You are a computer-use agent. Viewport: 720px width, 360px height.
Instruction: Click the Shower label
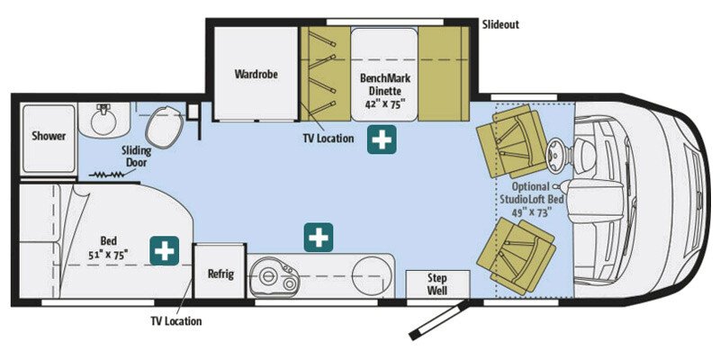tap(49, 136)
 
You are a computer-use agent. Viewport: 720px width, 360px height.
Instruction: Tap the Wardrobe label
tap(256, 74)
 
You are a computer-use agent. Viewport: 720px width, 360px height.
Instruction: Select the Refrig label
tap(220, 274)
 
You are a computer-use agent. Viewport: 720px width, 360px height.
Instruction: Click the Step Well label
tap(437, 284)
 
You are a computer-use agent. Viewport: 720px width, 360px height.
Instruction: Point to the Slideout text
tap(500, 24)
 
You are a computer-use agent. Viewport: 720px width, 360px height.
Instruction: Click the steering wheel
tap(557, 152)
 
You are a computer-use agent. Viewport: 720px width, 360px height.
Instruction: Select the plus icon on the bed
tap(164, 251)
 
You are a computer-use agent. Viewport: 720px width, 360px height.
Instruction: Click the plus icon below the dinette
tap(382, 139)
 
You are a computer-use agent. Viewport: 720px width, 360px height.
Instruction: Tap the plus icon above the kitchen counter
tap(319, 238)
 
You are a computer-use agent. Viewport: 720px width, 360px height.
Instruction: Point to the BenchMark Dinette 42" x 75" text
tap(385, 91)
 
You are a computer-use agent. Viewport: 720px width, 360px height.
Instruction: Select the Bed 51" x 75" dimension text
tap(108, 247)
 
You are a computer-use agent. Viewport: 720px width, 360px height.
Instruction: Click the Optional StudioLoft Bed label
tap(531, 199)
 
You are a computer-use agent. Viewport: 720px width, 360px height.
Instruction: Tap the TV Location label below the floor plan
tap(175, 320)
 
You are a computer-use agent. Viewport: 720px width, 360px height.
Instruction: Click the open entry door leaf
tap(439, 319)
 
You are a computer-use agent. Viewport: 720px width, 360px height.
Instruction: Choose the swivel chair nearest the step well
tap(516, 256)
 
